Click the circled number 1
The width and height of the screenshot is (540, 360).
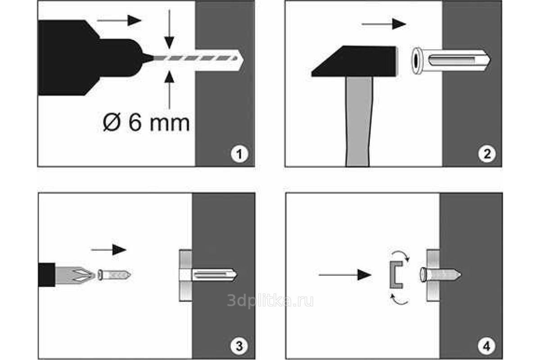point(239,154)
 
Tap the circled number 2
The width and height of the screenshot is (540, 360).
point(487,154)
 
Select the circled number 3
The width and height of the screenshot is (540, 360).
point(239,346)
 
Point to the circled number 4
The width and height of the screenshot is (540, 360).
point(486,346)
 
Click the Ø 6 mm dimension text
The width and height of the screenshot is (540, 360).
point(146,123)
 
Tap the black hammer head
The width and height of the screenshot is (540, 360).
point(354,61)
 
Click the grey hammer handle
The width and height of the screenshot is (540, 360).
point(359,121)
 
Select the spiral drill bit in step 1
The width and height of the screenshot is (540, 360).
point(195,58)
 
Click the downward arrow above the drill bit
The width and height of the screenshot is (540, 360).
point(169,29)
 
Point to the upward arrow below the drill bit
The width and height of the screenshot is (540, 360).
point(169,90)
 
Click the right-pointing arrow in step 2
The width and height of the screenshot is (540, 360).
point(383,24)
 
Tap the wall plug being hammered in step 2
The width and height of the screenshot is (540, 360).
point(450,61)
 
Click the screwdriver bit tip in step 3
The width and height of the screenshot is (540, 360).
point(76,274)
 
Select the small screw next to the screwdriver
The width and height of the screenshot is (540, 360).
point(114,275)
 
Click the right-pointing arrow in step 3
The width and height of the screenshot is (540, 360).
point(109,250)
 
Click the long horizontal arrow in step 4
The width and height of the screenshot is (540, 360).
point(345,274)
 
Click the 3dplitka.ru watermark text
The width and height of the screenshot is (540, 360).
point(270,301)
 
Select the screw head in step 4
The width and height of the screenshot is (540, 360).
point(423,274)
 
